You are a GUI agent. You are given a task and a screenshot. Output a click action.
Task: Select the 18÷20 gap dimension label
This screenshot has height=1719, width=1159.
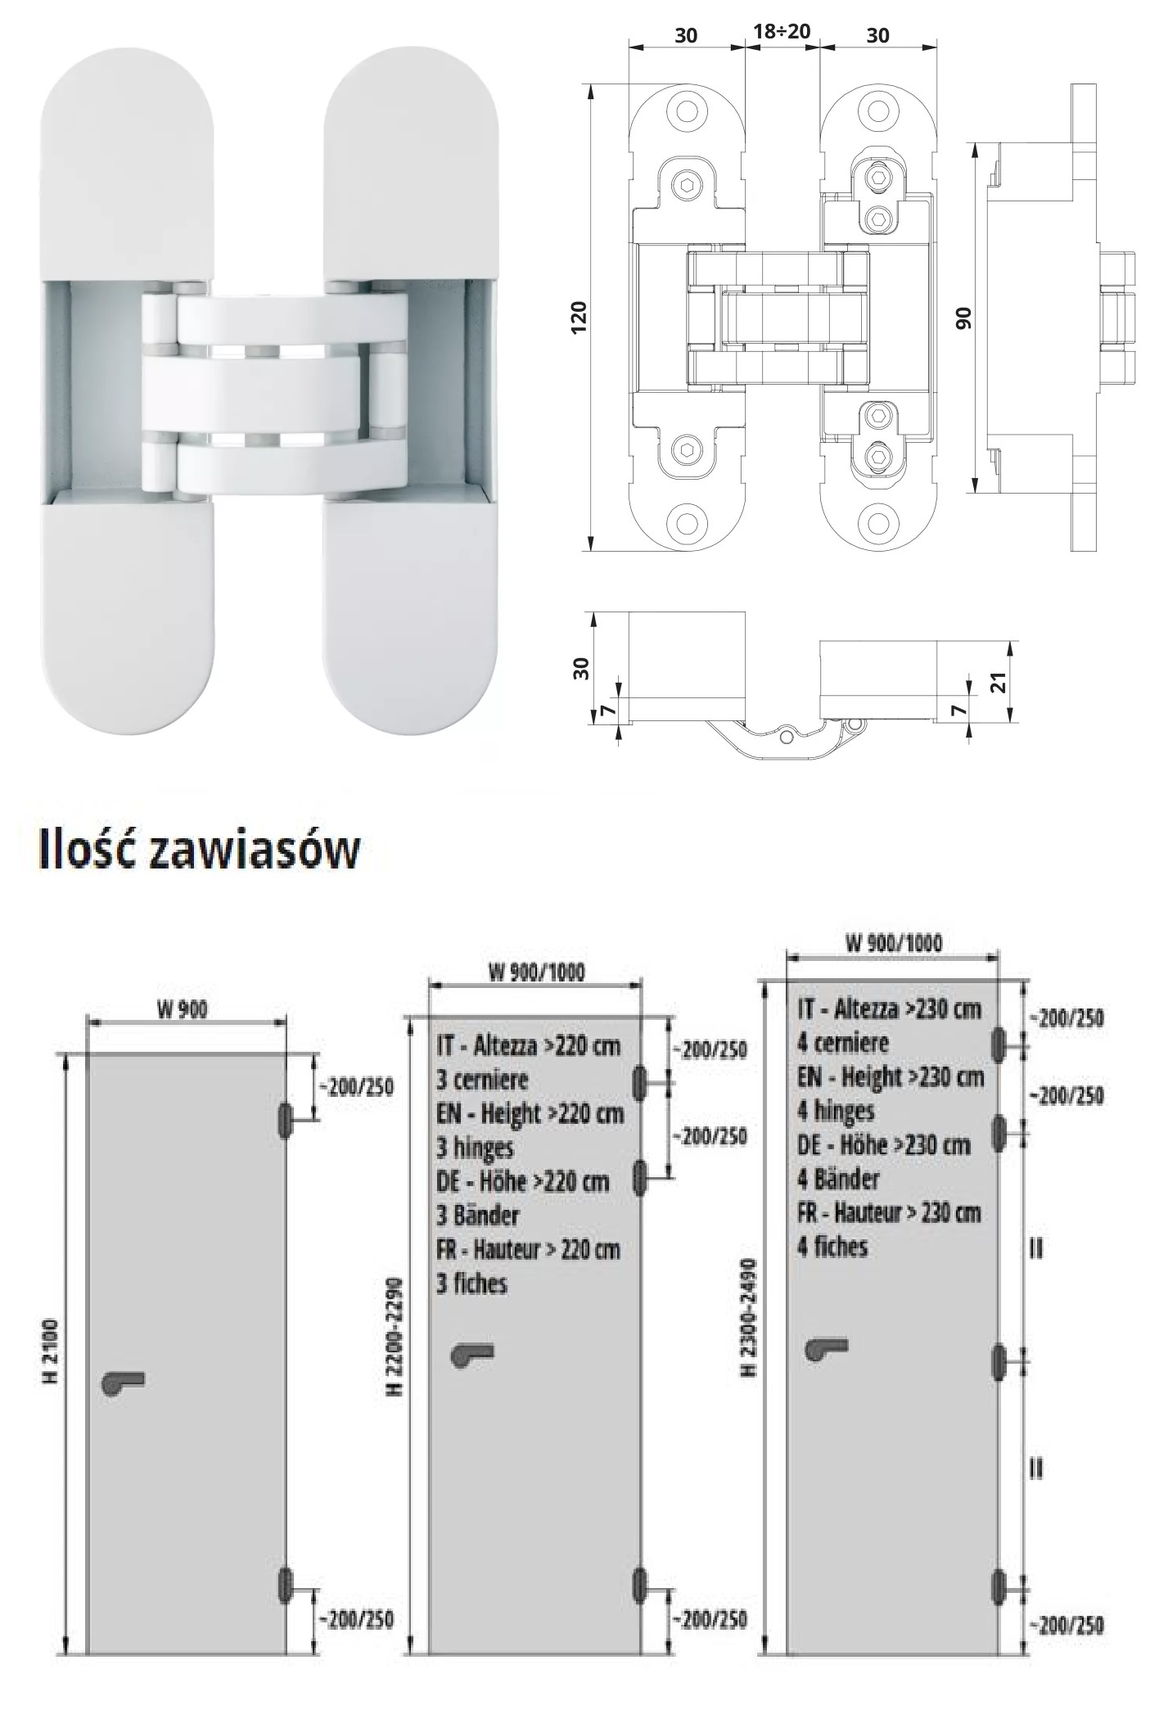tap(781, 32)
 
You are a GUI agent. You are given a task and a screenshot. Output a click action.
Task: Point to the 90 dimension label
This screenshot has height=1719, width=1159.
tap(964, 318)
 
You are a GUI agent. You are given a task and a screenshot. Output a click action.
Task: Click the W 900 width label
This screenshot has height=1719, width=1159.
tap(183, 1010)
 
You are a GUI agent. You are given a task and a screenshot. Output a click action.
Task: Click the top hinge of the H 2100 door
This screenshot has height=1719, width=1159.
tap(285, 1120)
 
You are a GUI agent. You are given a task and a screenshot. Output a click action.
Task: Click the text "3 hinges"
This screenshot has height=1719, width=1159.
tap(475, 1148)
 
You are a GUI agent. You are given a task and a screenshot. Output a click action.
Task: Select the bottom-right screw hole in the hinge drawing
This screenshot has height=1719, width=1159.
tap(878, 520)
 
